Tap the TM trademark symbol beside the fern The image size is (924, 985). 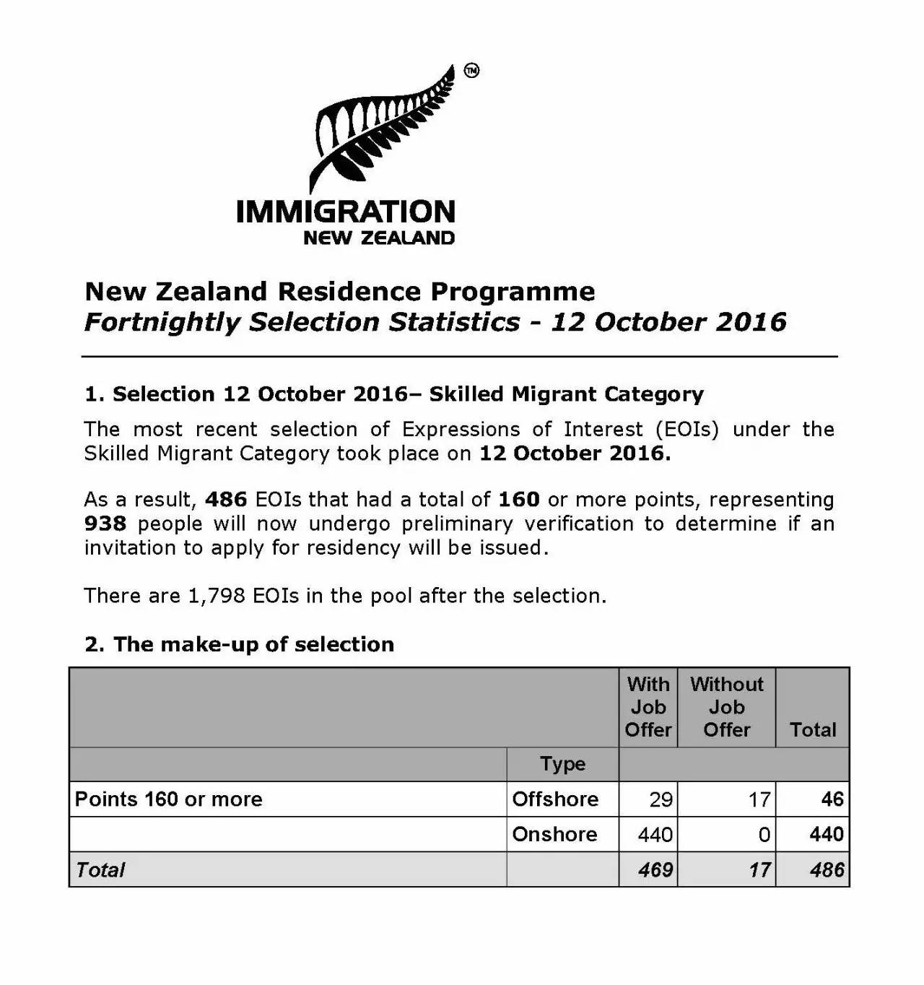point(471,71)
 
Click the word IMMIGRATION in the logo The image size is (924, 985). point(346,212)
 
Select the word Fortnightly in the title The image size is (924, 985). point(162,322)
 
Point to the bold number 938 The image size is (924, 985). point(105,524)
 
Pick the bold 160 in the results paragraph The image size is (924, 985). point(519,500)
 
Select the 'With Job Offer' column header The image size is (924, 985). point(648,707)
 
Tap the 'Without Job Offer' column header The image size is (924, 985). point(726,707)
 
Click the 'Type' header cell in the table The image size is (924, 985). point(563,764)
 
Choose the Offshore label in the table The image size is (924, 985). point(555,799)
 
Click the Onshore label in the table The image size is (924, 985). point(554,835)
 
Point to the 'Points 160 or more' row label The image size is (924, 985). point(169,799)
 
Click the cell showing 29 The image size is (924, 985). point(661,799)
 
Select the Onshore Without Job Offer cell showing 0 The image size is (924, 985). point(764,835)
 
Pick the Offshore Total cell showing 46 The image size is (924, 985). point(832,799)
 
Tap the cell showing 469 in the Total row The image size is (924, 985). point(655,870)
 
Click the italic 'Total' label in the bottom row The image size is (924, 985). point(100,870)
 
